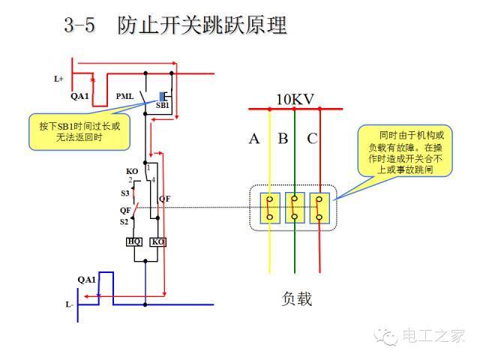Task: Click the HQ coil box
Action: [x=134, y=241]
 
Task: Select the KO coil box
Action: [x=157, y=241]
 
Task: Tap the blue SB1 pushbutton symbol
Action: [x=163, y=96]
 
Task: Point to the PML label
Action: [x=125, y=97]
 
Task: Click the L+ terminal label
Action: [x=59, y=78]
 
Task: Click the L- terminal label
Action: [x=69, y=304]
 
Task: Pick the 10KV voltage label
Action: [x=295, y=98]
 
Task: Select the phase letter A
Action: [x=254, y=139]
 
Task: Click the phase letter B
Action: [x=283, y=139]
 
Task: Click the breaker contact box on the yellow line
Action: [x=270, y=208]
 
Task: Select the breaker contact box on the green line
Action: [x=295, y=208]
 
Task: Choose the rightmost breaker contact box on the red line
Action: [x=320, y=208]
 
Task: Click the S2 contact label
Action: [x=124, y=222]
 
